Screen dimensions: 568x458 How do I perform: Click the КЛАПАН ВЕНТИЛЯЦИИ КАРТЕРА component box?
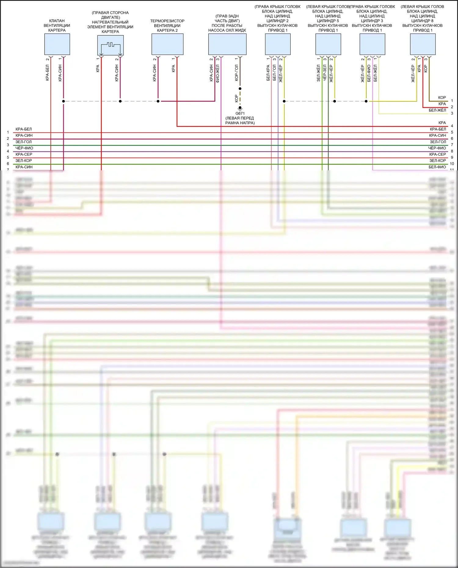pyautogui.click(x=57, y=44)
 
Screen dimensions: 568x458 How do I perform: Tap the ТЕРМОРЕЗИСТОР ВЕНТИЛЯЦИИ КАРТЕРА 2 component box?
pyautogui.click(x=167, y=44)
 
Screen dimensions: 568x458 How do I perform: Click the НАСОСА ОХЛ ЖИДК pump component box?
pyautogui.click(x=227, y=44)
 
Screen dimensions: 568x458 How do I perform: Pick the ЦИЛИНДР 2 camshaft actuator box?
pyautogui.click(x=278, y=44)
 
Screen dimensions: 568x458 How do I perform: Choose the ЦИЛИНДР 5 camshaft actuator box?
pyautogui.click(x=328, y=44)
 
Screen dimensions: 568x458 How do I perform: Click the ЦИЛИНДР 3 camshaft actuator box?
pyautogui.click(x=372, y=44)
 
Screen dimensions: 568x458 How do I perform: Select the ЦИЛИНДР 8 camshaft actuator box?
pyautogui.click(x=423, y=44)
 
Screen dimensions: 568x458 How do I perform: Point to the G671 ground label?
pyautogui.click(x=240, y=114)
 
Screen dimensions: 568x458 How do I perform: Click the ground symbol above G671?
pyautogui.click(x=240, y=108)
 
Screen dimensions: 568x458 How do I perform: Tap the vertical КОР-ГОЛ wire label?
pyautogui.click(x=237, y=73)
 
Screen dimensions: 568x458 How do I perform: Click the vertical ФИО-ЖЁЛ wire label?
pyautogui.click(x=218, y=74)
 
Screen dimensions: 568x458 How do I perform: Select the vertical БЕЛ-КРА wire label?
pyautogui.click(x=268, y=73)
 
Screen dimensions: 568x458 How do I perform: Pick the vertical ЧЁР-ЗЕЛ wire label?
pyautogui.click(x=325, y=73)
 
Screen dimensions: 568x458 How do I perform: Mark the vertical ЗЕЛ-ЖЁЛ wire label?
pyautogui.click(x=318, y=73)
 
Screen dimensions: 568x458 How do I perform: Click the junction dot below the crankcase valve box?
pyautogui.click(x=64, y=101)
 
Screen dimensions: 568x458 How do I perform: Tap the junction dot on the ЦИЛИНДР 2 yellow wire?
pyautogui.click(x=284, y=101)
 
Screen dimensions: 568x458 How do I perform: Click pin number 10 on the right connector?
pyautogui.click(x=452, y=164)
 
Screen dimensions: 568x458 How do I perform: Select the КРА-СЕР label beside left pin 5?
pyautogui.click(x=24, y=154)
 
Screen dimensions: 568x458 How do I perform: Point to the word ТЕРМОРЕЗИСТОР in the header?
pyautogui.click(x=167, y=21)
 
